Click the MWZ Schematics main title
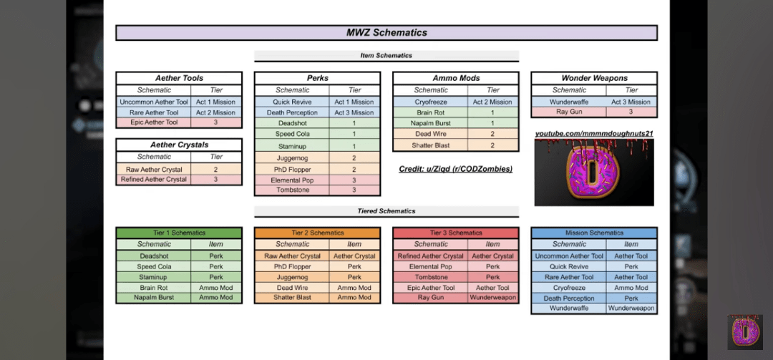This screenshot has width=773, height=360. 386,32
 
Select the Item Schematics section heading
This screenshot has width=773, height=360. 386,56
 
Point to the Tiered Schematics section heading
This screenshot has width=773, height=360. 386,211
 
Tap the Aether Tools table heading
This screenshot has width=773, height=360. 179,78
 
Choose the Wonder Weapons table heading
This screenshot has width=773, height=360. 594,78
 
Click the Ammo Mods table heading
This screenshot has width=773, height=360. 456,78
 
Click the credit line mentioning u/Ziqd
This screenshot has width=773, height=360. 456,169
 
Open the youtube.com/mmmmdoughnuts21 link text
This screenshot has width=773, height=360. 594,133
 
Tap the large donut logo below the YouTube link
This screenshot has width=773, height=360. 594,172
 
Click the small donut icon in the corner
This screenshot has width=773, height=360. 745,331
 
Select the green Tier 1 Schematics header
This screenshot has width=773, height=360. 179,233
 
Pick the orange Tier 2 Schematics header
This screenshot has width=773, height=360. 317,233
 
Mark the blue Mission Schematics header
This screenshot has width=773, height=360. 594,233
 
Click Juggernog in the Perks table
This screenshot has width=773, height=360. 292,157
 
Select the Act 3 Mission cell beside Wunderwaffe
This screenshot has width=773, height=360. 631,102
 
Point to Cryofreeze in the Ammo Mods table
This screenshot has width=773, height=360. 431,102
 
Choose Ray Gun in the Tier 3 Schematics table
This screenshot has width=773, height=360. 431,298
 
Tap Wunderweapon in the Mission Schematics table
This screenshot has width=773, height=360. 631,308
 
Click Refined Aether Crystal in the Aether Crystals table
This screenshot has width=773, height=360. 154,180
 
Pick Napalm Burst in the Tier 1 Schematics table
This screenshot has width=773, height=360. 154,298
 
